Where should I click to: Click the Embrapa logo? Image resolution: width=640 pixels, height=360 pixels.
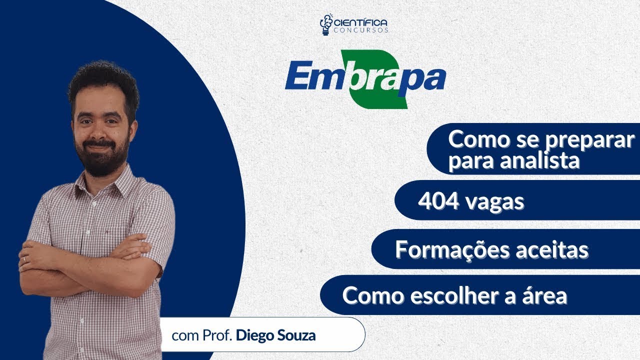365,78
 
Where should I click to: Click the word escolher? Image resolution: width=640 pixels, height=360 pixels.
448,296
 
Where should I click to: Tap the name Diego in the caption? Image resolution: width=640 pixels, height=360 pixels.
254,335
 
